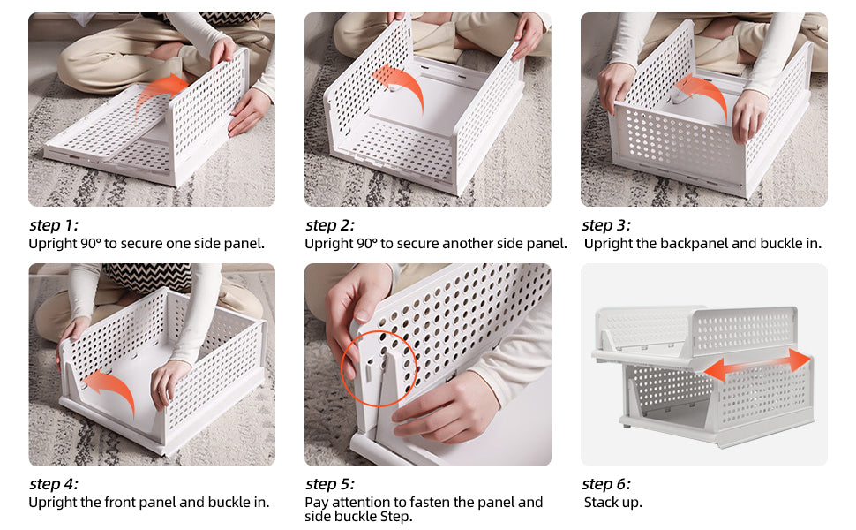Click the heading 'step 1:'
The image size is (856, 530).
tap(53, 225)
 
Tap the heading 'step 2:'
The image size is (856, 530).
tap(329, 225)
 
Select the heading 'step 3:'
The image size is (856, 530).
tap(606, 225)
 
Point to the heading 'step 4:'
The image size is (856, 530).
tap(53, 484)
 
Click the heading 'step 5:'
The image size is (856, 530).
tap(329, 484)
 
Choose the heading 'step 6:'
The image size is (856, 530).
tap(606, 484)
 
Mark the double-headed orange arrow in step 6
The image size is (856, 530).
tap(756, 365)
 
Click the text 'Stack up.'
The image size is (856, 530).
tap(612, 503)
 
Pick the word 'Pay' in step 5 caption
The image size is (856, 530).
tap(317, 503)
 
